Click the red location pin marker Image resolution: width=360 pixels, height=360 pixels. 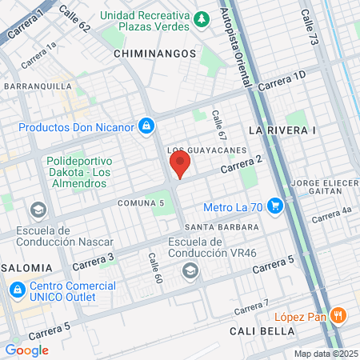pyautogui.click(x=180, y=166)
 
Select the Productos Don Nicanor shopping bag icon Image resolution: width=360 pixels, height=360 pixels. pyautogui.click(x=146, y=126)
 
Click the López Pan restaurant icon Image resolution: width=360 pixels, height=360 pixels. pyautogui.click(x=339, y=315)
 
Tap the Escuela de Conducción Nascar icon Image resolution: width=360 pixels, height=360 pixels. pyautogui.click(x=37, y=210)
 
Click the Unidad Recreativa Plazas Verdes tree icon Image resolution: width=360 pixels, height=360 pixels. pyautogui.click(x=203, y=18)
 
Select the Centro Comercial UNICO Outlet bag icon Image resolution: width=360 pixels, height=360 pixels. pyautogui.click(x=13, y=289)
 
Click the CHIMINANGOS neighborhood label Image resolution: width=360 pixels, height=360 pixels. pyautogui.click(x=155, y=53)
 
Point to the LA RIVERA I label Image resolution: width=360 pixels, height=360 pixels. pyautogui.click(x=283, y=129)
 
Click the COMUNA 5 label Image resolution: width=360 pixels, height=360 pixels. pyautogui.click(x=141, y=203)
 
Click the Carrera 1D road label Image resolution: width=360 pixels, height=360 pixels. pyautogui.click(x=282, y=80)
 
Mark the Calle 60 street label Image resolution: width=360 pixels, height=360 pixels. pyautogui.click(x=154, y=268)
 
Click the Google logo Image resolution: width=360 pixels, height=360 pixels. pyautogui.click(x=27, y=350)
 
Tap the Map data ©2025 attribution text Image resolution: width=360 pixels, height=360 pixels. pyautogui.click(x=326, y=354)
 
